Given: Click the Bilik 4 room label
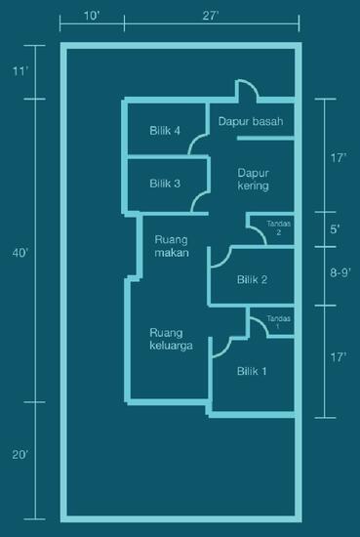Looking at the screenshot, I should coord(165,130).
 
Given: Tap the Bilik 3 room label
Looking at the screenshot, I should coord(165,182).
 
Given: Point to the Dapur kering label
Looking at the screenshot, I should coord(253,179).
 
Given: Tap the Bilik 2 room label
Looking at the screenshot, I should coord(253,279).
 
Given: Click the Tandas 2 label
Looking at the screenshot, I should coord(278,228).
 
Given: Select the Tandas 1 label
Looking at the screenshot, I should coord(278,323).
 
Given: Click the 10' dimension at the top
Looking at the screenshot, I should coord(91,17).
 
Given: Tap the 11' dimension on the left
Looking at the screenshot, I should coord(20,71).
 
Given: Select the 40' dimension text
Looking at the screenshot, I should coord(20,253).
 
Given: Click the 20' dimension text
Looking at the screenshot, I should coord(20,454).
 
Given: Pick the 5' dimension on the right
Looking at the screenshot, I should coord(336,229).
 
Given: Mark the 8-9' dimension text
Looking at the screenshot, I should coord(337,276).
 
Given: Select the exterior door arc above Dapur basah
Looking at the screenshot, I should coord(247,90).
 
